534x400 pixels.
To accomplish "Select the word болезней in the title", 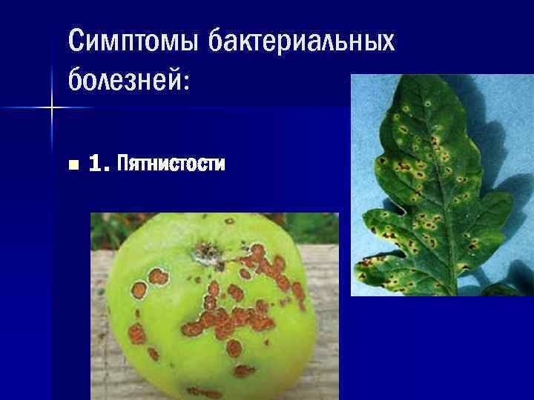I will [123, 77].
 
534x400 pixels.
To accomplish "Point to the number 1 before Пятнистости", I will [95, 163].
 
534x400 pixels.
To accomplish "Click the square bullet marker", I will [71, 164].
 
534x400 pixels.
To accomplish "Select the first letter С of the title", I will [75, 41].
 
